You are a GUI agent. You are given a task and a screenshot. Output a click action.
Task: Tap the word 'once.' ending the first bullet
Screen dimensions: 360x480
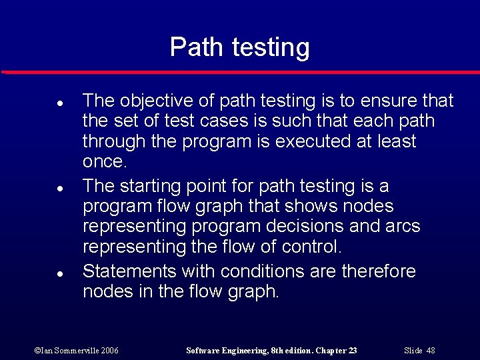coord(104,162)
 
